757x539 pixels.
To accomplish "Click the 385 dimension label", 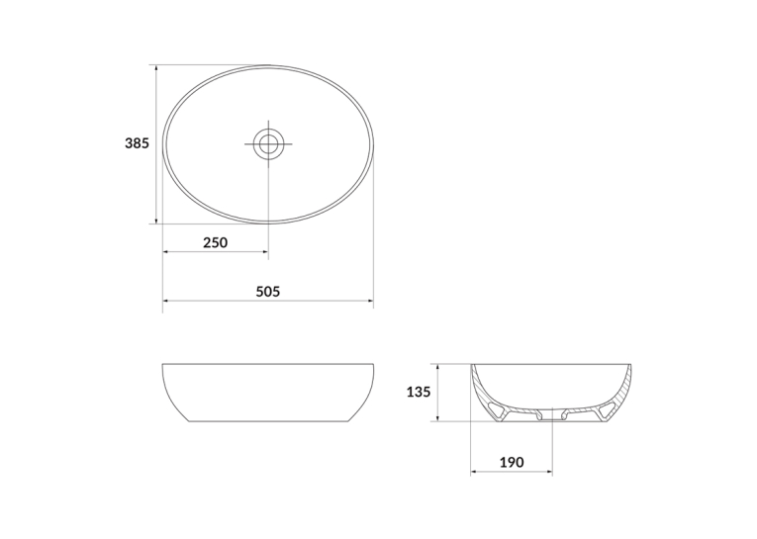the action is pyautogui.click(x=138, y=143).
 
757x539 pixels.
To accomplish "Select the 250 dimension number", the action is pyautogui.click(x=215, y=242).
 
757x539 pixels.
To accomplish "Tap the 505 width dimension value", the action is pyautogui.click(x=268, y=292).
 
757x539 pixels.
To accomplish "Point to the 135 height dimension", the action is pyautogui.click(x=419, y=393).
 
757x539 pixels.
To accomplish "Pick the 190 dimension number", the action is pyautogui.click(x=512, y=462).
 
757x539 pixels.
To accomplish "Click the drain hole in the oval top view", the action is pyautogui.click(x=268, y=143).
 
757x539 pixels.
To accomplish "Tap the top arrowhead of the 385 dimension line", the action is pyautogui.click(x=156, y=68).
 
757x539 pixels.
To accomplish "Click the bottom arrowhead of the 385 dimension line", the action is pyautogui.click(x=156, y=220).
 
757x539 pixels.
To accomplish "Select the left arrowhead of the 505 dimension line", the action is pyautogui.click(x=166, y=301).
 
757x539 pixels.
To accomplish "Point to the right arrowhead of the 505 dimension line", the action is pyautogui.click(x=370, y=301).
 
